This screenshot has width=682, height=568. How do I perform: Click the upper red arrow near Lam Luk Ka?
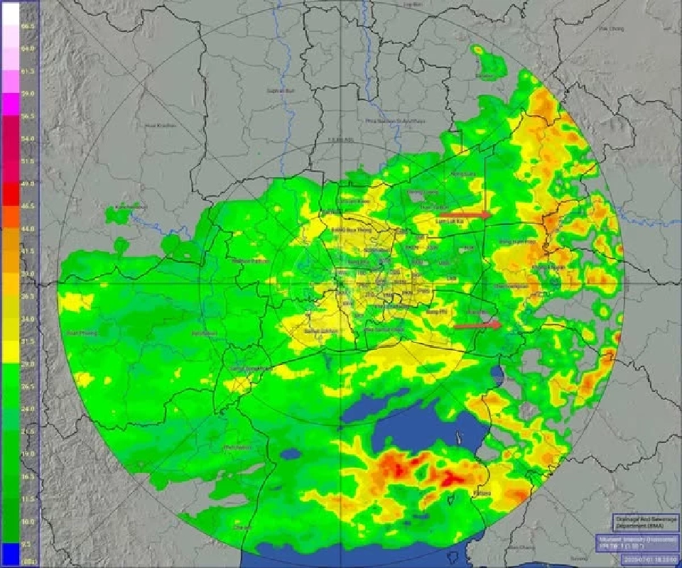coord(465,214)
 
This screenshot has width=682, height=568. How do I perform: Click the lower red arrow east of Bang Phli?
coord(477,325)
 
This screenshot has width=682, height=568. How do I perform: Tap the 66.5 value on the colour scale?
coord(28,27)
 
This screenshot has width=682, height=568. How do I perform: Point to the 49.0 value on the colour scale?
coord(28,184)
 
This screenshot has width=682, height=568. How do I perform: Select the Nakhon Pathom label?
coord(248,261)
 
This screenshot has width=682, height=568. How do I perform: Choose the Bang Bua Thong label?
coord(350,231)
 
